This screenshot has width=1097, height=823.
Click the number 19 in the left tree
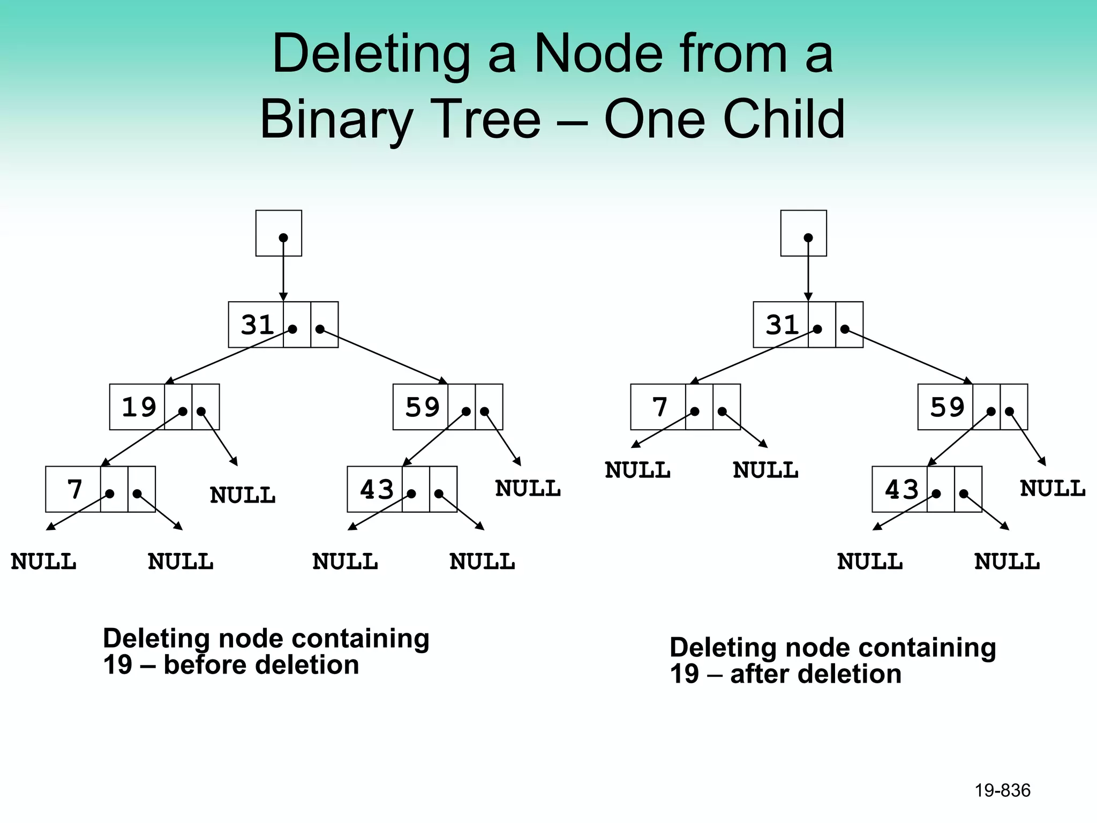[139, 407]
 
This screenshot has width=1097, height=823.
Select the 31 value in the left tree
[257, 325]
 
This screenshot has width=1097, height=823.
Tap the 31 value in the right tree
[782, 325]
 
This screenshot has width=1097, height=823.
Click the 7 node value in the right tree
[660, 407]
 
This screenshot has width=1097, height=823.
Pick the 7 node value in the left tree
[74, 489]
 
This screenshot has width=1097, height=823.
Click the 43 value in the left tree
[377, 489]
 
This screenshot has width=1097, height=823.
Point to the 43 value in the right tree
[901, 489]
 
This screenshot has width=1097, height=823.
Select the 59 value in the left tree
[422, 407]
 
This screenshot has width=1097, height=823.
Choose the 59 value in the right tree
[947, 407]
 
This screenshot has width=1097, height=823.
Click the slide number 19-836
[1002, 790]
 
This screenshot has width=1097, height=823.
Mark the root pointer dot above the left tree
[283, 237]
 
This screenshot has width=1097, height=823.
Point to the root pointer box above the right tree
[803, 233]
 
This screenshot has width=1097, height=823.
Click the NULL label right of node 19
[243, 495]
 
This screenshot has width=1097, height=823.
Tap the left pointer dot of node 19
[183, 411]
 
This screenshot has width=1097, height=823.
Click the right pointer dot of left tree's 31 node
[320, 329]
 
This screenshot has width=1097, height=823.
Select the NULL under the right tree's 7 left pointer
[637, 470]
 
